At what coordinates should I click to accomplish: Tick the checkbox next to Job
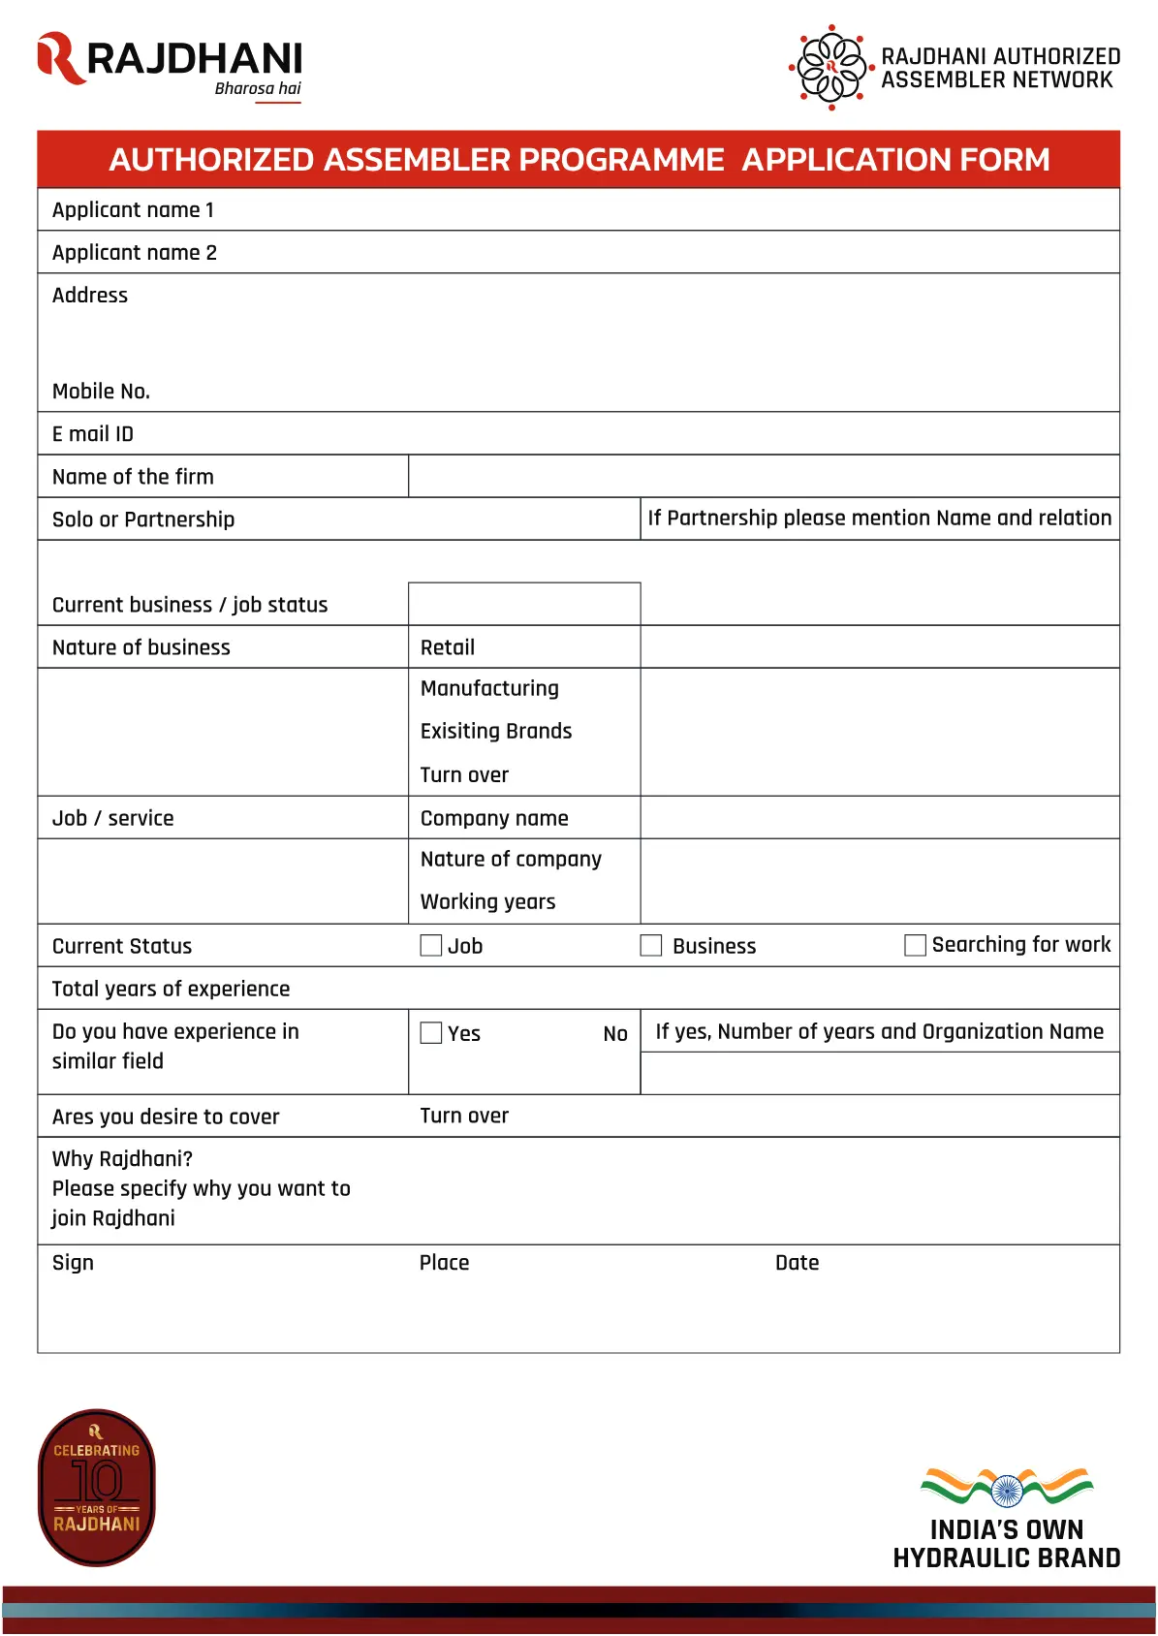pos(431,945)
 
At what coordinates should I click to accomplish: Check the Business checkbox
pos(651,945)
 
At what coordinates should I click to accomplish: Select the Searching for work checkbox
pos(915,945)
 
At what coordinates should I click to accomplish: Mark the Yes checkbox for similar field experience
pos(431,1033)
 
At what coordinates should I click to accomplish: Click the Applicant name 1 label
pos(133,210)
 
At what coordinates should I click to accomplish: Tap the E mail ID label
pos(93,434)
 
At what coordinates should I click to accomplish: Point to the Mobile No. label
pos(101,392)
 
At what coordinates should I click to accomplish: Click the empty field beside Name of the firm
pos(763,476)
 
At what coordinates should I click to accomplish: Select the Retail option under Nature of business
pos(448,647)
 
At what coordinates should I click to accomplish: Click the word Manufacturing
pos(489,689)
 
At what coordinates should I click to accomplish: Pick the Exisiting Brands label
pos(496,732)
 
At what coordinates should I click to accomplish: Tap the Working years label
pos(487,902)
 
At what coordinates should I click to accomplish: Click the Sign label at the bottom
pos(73,1263)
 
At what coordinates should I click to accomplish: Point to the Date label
pos(797,1263)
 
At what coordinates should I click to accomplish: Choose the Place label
pos(444,1263)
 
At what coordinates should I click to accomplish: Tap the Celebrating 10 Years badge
pos(97,1487)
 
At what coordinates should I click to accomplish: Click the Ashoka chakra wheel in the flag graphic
pos(1007,1491)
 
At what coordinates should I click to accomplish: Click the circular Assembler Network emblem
pos(830,67)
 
